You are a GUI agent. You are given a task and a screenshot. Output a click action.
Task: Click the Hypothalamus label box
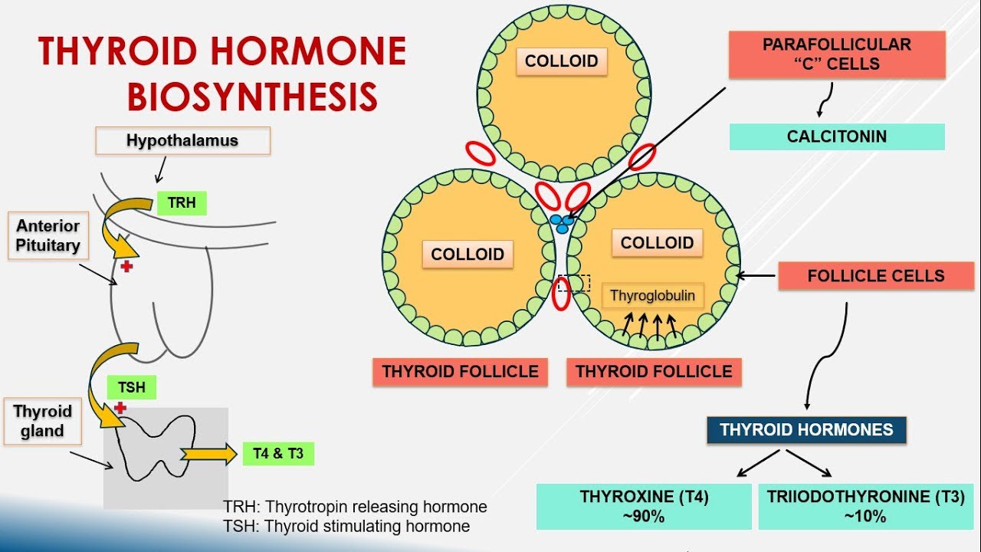[182, 141]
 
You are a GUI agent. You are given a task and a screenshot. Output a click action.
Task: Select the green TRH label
[182, 203]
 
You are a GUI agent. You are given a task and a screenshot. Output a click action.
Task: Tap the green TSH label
[131, 387]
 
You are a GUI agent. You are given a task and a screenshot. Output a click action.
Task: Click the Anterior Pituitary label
[48, 236]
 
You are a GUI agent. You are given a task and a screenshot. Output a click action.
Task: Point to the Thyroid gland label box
[42, 421]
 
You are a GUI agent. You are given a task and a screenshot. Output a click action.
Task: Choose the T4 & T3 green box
[277, 454]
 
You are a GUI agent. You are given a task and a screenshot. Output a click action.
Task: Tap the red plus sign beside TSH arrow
[120, 407]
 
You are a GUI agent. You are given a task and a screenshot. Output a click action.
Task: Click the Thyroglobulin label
[652, 295]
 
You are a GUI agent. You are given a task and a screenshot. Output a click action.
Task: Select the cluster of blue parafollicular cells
[563, 223]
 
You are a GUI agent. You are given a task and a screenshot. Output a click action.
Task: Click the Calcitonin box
[836, 136]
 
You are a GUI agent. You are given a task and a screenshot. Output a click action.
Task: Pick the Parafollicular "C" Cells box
[836, 54]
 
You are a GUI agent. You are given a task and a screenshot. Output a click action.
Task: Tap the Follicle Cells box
[876, 276]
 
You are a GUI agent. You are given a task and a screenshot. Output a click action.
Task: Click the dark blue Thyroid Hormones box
[806, 429]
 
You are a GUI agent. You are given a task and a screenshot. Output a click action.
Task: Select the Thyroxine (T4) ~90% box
[644, 506]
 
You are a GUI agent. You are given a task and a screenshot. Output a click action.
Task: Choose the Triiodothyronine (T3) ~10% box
[865, 506]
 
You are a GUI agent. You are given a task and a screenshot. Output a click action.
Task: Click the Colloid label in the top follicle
[561, 61]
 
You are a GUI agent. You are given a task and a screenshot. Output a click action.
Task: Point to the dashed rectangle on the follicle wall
[574, 284]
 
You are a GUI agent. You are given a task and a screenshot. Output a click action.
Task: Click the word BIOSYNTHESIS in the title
[252, 97]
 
